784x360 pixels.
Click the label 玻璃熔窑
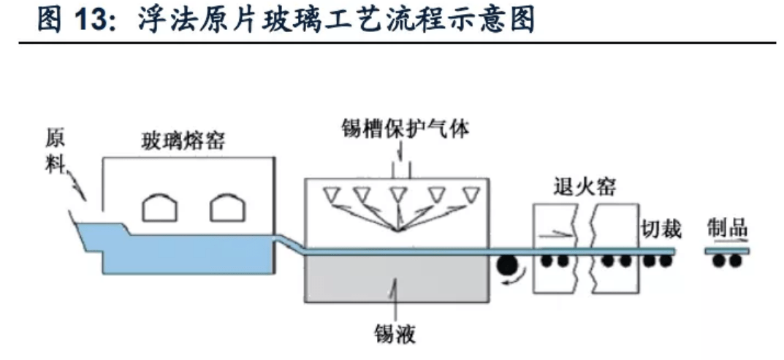pyautogui.click(x=183, y=140)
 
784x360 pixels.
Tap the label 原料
pyautogui.click(x=56, y=151)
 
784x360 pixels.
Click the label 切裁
pyautogui.click(x=661, y=229)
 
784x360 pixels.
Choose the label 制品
pyautogui.click(x=727, y=229)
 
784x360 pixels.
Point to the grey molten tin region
pyautogui.click(x=395, y=277)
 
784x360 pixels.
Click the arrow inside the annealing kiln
pyautogui.click(x=555, y=234)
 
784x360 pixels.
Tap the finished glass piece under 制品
pyautogui.click(x=727, y=251)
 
